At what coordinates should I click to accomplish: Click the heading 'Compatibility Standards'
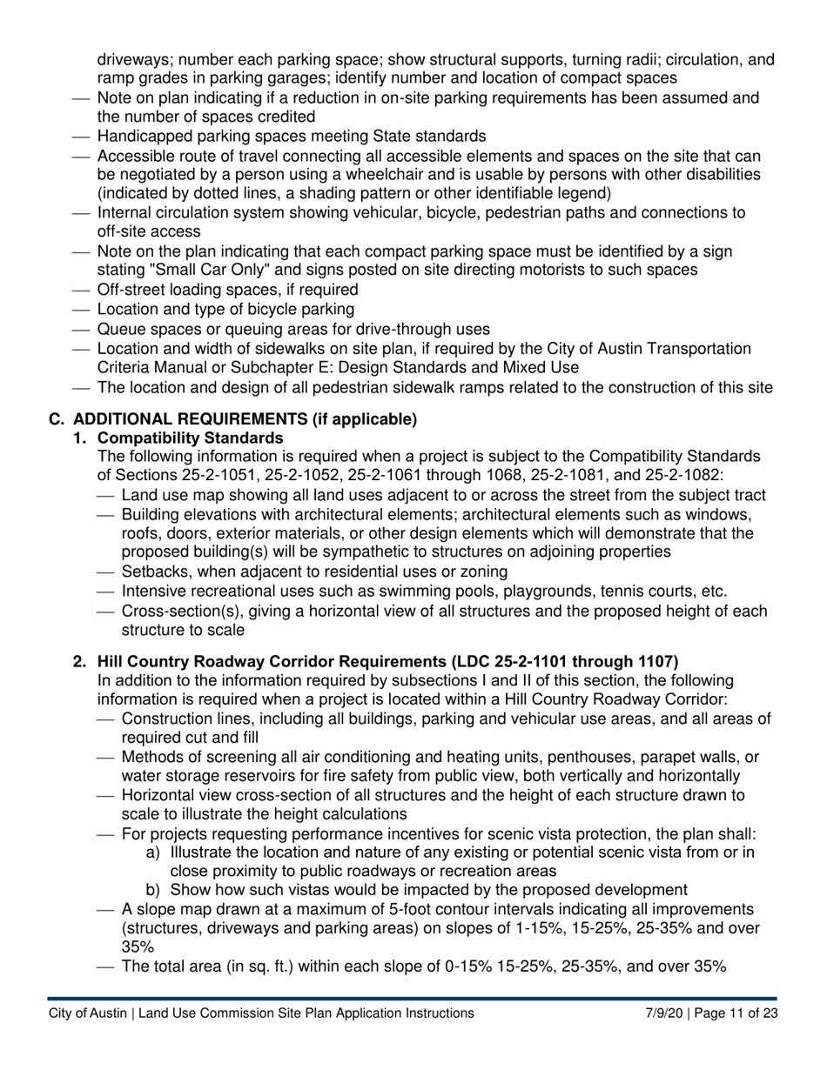190,438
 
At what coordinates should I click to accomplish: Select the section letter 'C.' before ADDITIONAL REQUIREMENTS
57,419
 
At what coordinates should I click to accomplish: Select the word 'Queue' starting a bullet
122,329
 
